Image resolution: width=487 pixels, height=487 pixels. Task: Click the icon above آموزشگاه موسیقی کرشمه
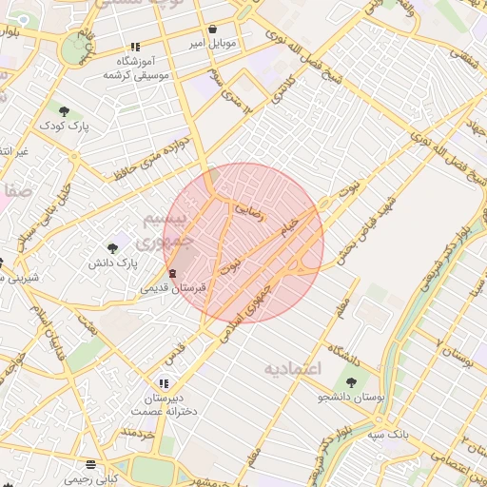coord(135,46)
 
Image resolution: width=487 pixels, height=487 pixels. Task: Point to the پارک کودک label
coord(64,125)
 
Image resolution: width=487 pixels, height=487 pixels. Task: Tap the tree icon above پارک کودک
coord(64,110)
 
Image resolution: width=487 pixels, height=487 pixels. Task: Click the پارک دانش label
coord(113,262)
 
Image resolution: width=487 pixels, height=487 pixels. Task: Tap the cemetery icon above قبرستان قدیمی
coord(171,274)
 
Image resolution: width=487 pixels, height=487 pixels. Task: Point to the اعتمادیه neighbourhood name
coord(294,367)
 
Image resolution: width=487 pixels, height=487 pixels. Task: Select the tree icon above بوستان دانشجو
coord(351,382)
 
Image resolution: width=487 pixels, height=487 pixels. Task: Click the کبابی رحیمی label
coord(91,478)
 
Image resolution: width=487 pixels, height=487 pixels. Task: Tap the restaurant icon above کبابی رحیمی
coord(91,464)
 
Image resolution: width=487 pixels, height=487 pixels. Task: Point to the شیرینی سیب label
coord(13,277)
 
